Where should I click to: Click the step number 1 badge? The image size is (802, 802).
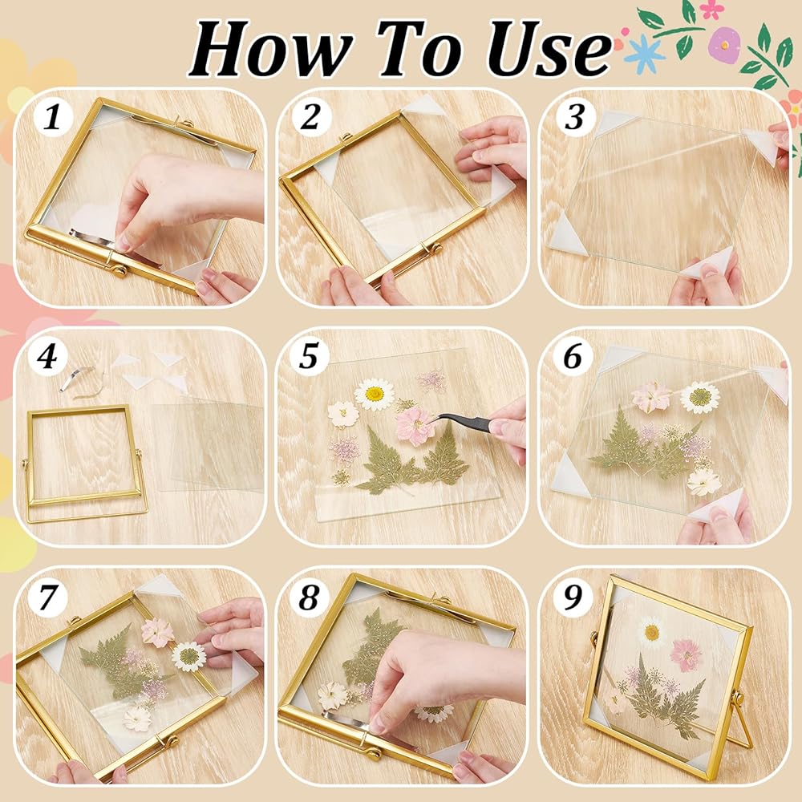pos(51,117)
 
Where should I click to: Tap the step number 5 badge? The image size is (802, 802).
pos(309,355)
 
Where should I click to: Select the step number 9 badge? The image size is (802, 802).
pos(573,596)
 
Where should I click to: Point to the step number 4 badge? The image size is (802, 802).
pos(47,355)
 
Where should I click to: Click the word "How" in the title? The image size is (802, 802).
pos(270,49)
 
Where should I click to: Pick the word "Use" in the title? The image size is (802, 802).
pos(549,50)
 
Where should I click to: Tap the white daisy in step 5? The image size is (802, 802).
pos(375,395)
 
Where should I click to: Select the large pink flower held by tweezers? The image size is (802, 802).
pos(415,426)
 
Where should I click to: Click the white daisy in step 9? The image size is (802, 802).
pos(652,633)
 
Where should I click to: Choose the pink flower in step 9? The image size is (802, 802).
pos(687,655)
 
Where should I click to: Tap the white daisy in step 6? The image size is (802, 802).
pos(699,397)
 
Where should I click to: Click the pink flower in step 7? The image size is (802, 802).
pos(157,632)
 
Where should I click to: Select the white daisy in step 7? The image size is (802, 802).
pos(188,656)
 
